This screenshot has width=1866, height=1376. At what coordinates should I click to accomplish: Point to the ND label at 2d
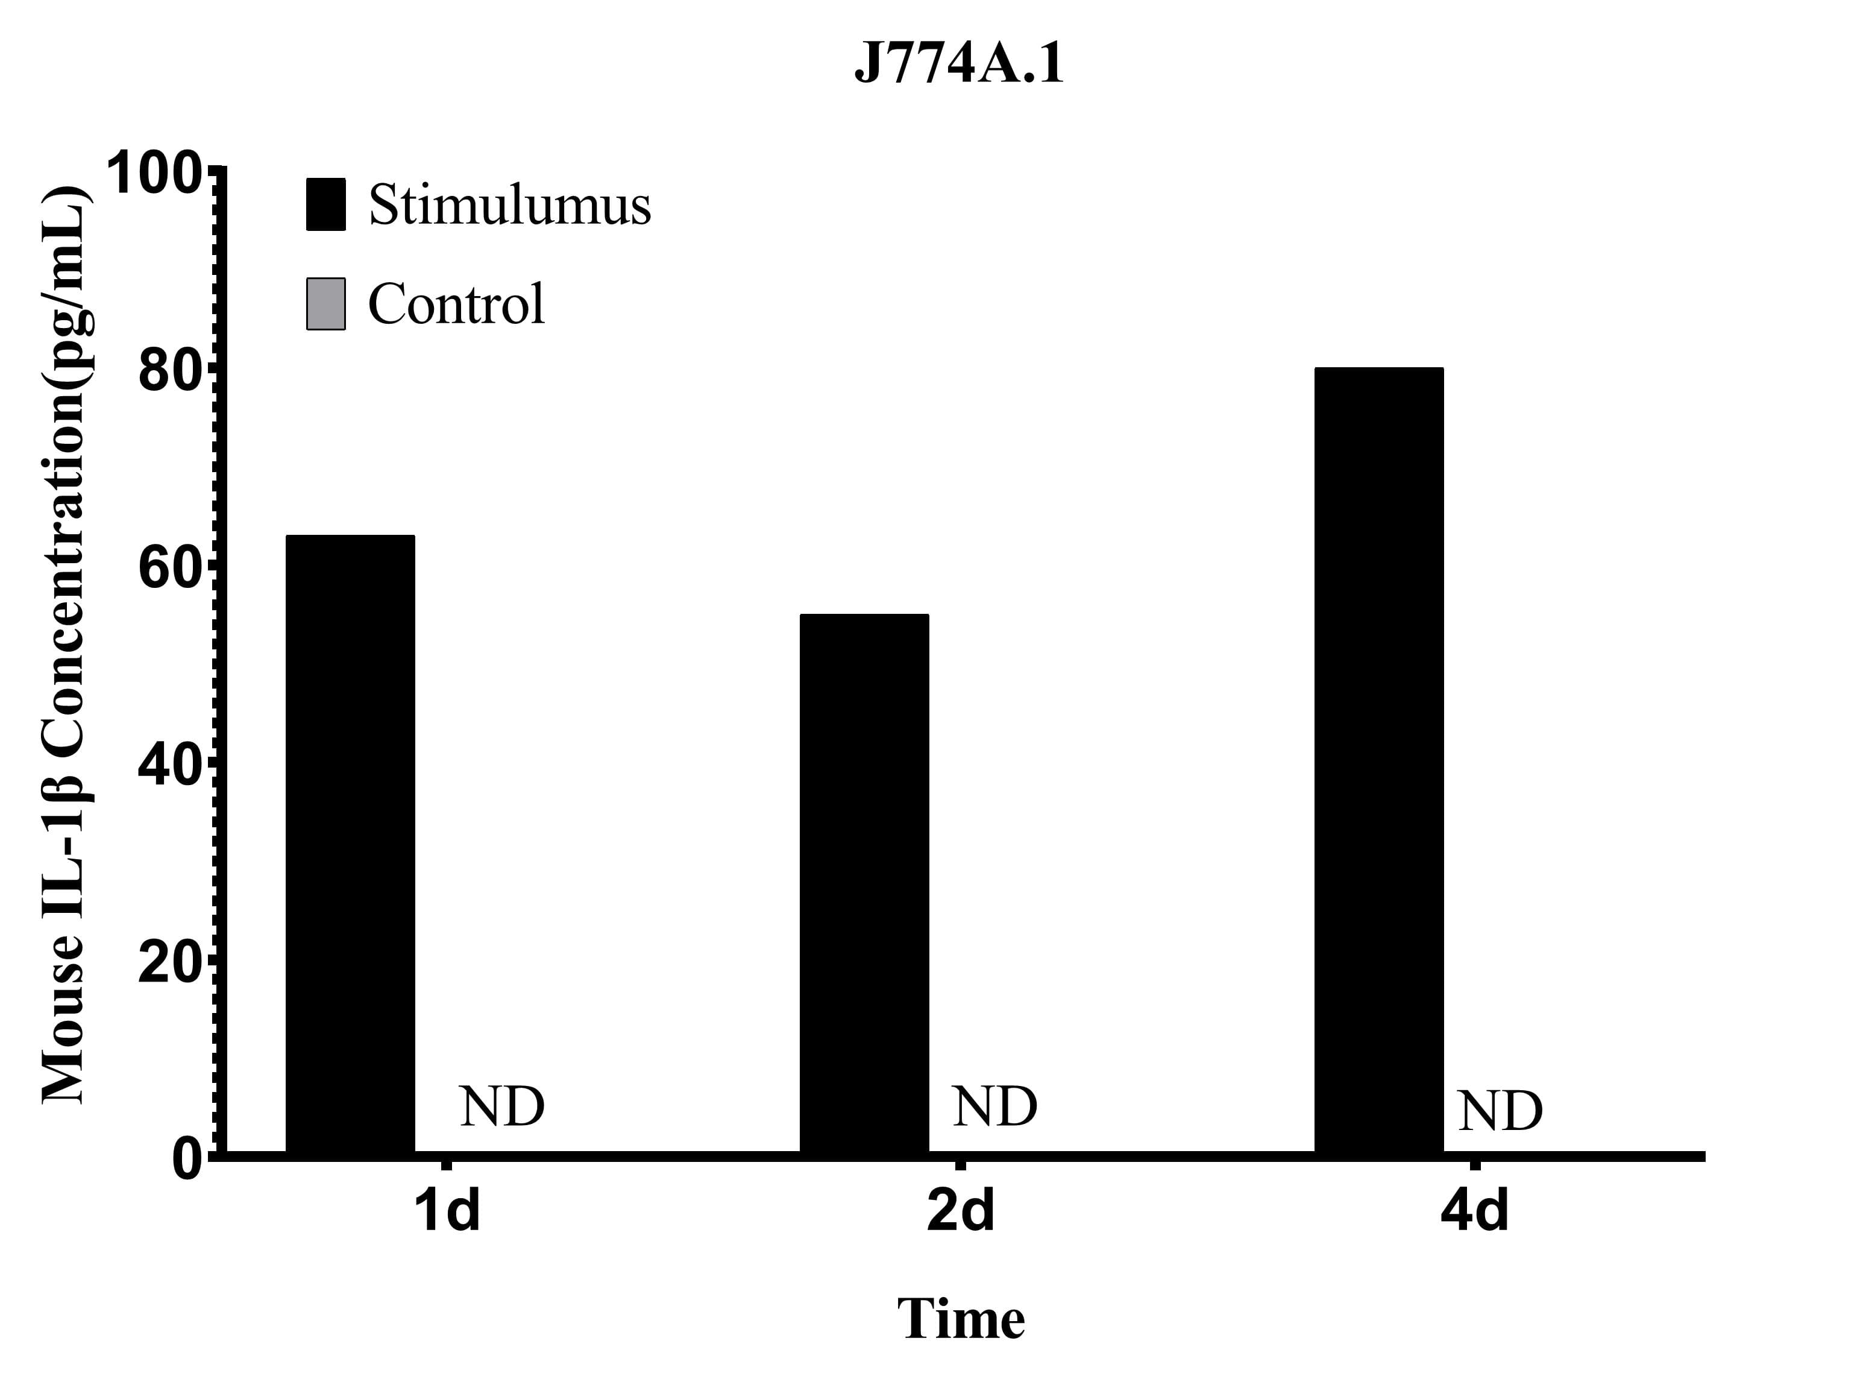994,1106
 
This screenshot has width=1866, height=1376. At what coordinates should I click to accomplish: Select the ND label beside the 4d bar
1500,1111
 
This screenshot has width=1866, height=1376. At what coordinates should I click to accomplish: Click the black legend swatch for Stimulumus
325,204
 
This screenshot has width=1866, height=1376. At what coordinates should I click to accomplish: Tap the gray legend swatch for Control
325,304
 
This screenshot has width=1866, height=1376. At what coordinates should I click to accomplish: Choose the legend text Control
456,304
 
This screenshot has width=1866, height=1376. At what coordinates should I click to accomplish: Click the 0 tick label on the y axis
187,1160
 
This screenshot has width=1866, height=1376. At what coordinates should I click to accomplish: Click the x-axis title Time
960,1319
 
